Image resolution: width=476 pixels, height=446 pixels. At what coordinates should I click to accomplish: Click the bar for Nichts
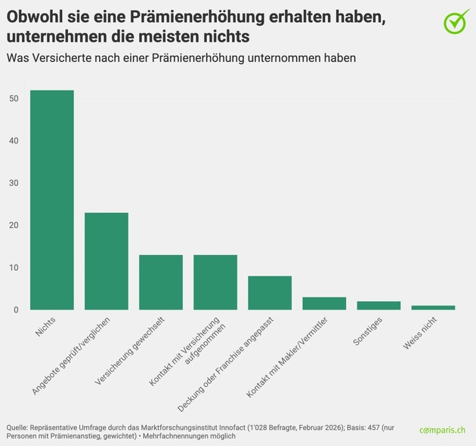(x=52, y=200)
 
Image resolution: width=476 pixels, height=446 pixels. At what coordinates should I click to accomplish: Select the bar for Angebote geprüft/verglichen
(x=107, y=261)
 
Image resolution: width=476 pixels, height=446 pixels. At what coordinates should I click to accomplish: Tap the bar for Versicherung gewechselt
(x=161, y=282)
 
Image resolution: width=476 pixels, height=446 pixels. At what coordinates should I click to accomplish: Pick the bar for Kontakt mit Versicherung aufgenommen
(x=215, y=282)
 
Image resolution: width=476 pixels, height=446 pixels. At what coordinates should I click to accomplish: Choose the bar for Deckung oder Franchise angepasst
(x=270, y=293)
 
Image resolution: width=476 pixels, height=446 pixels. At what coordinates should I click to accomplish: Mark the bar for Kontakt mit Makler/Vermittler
(x=324, y=303)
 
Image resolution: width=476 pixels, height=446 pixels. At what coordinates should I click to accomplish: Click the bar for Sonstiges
(x=379, y=306)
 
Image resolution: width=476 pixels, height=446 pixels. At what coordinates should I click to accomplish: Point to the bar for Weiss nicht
(x=433, y=307)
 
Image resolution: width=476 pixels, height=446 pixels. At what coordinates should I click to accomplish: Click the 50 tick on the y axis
(x=14, y=99)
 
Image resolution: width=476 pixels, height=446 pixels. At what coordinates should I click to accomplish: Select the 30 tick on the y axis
(x=14, y=183)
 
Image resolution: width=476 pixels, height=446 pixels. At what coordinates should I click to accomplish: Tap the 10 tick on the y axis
(x=14, y=268)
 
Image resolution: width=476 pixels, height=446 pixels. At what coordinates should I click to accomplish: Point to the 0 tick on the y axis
(x=17, y=310)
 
